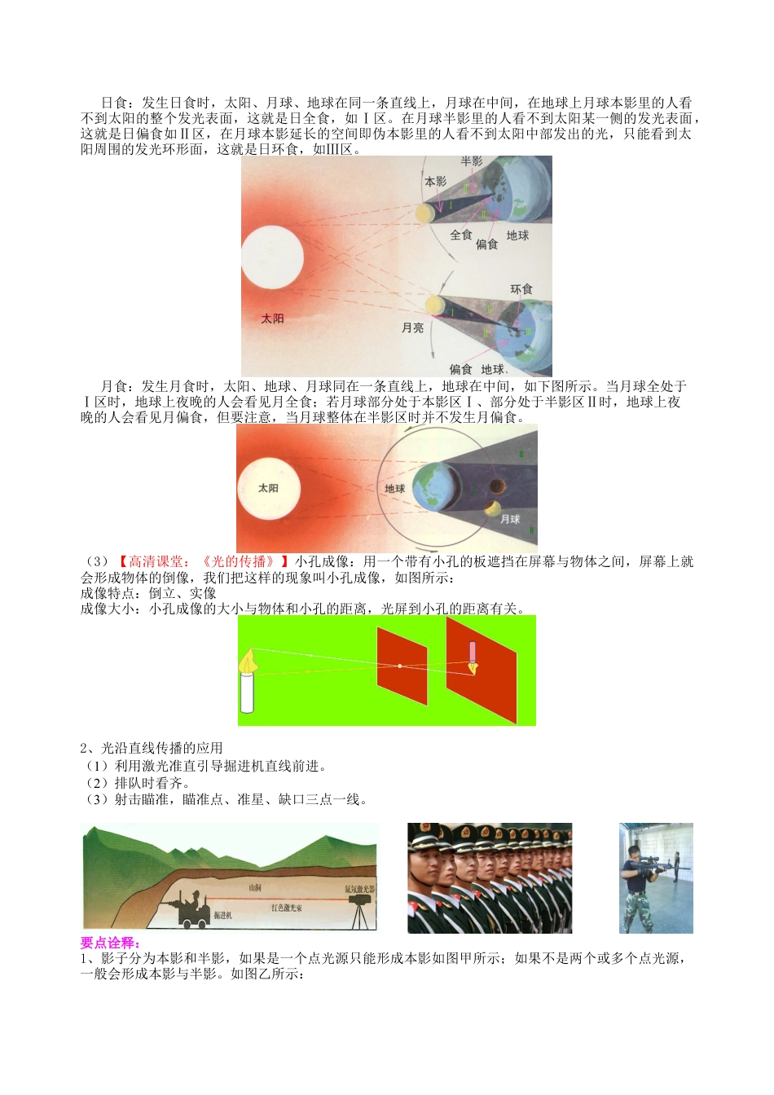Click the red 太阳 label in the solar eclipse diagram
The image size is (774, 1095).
(x=272, y=319)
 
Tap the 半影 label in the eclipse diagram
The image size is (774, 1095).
(x=472, y=162)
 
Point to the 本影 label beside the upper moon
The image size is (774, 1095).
(x=435, y=182)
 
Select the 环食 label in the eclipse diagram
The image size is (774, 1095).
(x=521, y=289)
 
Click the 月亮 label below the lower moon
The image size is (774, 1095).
(x=413, y=328)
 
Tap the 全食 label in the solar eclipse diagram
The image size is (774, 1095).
(x=461, y=235)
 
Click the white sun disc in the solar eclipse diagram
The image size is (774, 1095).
(x=272, y=257)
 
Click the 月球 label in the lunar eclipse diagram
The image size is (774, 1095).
(x=510, y=519)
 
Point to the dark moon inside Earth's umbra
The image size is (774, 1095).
(x=495, y=487)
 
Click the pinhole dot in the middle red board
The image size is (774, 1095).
(x=400, y=666)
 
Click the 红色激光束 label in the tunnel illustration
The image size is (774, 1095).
(x=287, y=907)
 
